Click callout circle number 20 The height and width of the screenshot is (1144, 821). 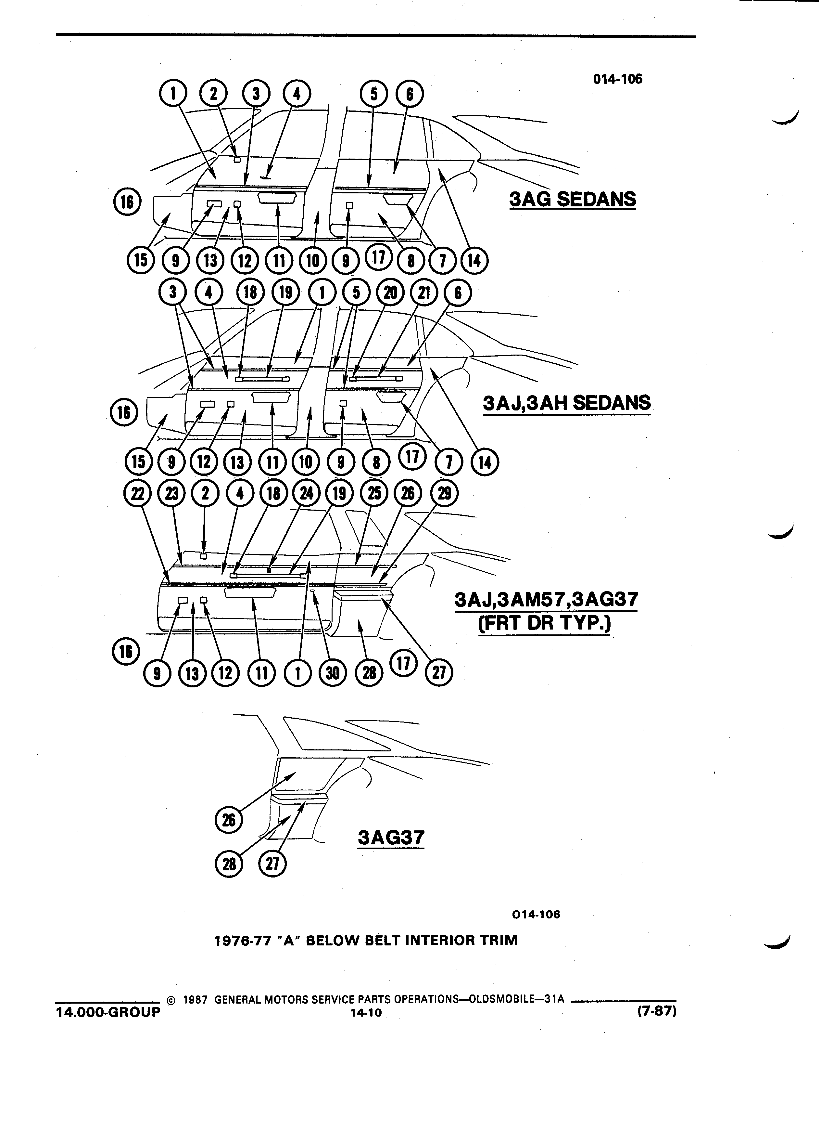click(x=391, y=293)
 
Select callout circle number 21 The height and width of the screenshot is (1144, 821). click(x=424, y=293)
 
